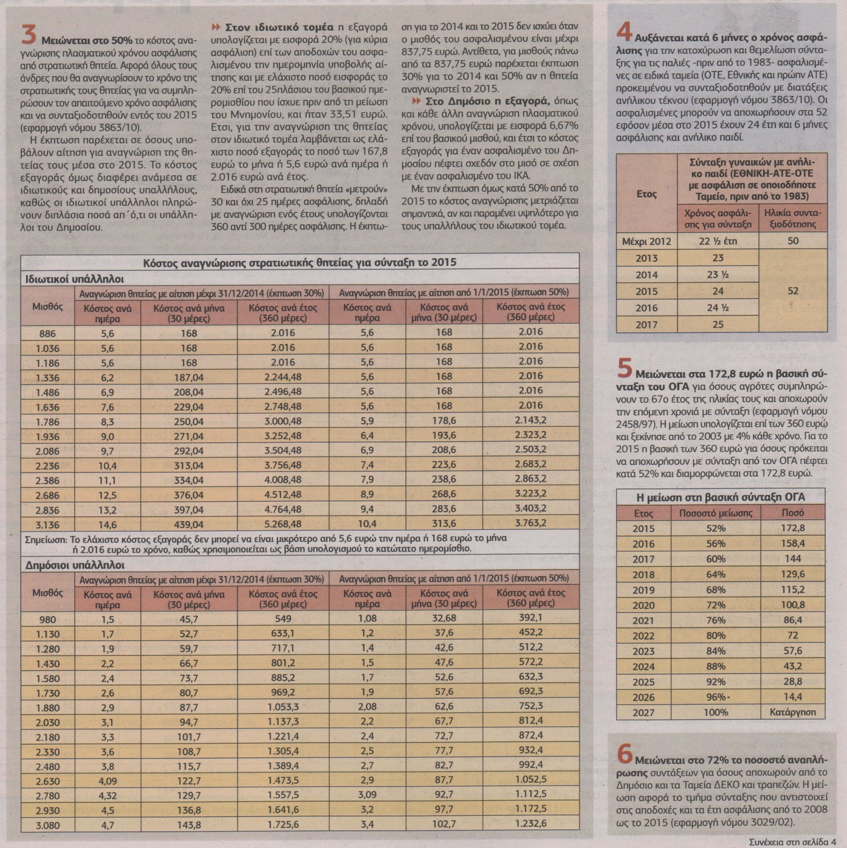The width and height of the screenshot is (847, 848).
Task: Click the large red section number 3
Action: pyautogui.click(x=29, y=35)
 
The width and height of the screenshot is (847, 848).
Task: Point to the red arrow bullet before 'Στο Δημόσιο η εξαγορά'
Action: pyautogui.click(x=416, y=101)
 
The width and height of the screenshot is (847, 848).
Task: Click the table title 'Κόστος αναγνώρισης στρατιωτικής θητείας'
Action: pyautogui.click(x=300, y=262)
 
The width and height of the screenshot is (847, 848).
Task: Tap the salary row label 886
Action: pyautogui.click(x=47, y=334)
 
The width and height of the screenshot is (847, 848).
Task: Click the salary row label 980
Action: pyautogui.click(x=47, y=620)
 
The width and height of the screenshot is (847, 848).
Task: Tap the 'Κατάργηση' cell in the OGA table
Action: pyautogui.click(x=793, y=712)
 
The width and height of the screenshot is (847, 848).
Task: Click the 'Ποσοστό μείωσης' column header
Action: pyautogui.click(x=715, y=513)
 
